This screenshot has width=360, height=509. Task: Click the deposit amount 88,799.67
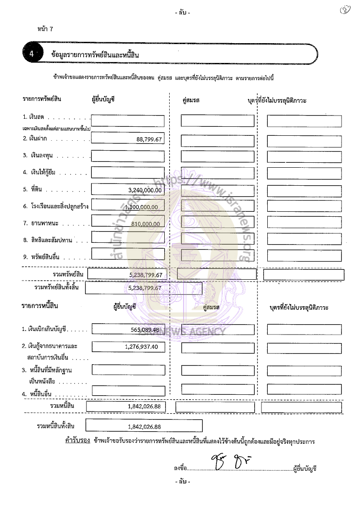(148, 139)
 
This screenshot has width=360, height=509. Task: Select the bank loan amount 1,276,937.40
(142, 347)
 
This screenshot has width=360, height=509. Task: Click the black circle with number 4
(32, 54)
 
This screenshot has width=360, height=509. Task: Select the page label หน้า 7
(46, 29)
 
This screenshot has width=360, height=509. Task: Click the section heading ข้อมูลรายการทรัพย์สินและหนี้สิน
(95, 55)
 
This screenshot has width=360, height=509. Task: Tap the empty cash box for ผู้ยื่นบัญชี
(127, 120)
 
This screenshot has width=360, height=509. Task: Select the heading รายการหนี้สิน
(40, 306)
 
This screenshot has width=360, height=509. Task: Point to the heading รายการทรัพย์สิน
(41, 98)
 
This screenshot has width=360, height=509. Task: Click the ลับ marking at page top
(182, 13)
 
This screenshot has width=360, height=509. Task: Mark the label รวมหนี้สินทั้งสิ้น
(56, 426)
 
